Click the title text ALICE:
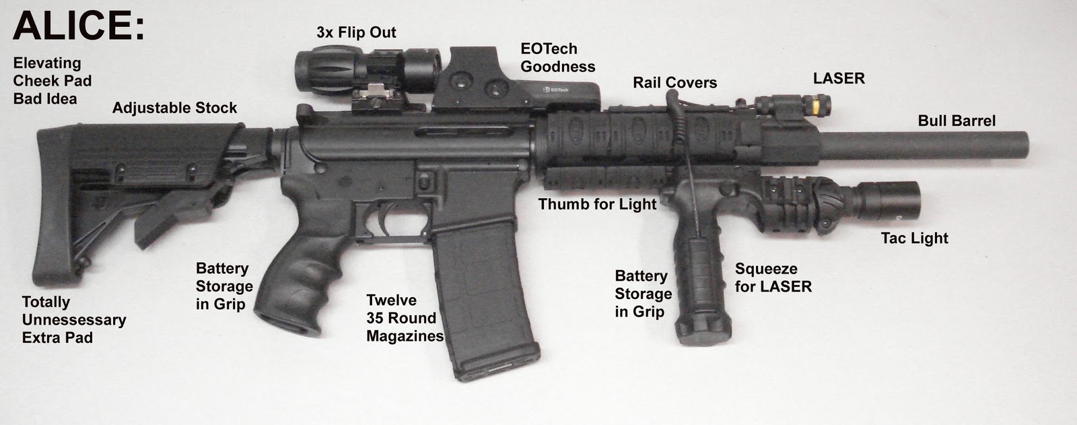click(x=78, y=27)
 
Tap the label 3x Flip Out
click(x=356, y=32)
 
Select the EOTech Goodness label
click(x=557, y=58)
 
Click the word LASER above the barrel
click(x=838, y=79)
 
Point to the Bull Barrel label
click(x=956, y=121)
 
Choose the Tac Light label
click(x=914, y=238)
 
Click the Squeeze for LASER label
click(x=773, y=278)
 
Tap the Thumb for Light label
click(x=597, y=204)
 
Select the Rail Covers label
click(x=674, y=83)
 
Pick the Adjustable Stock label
click(x=174, y=108)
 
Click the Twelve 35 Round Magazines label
click(x=405, y=318)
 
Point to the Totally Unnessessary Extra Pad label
click(x=74, y=320)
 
